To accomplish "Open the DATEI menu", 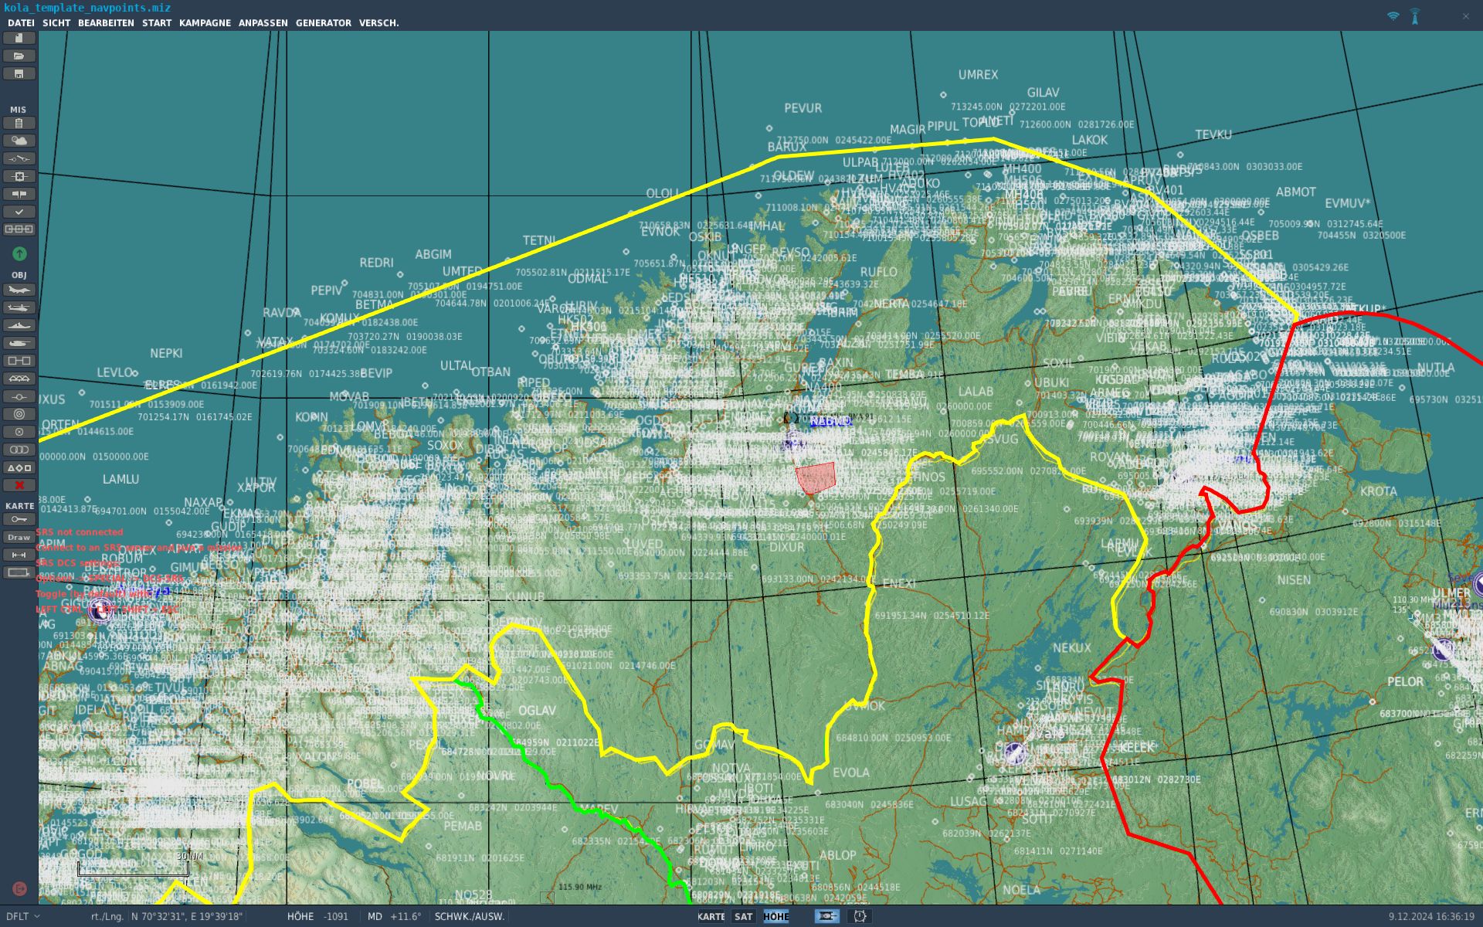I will click(x=21, y=23).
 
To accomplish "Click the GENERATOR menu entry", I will click(x=323, y=23).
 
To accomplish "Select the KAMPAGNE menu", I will click(x=205, y=23).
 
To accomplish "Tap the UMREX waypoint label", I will click(x=978, y=75).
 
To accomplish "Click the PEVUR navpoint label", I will click(x=803, y=108).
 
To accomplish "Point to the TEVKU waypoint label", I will click(x=1213, y=134).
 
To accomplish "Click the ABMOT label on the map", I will click(x=1295, y=192).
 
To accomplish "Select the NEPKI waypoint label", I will click(x=166, y=353).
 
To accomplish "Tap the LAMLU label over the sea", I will click(x=120, y=479).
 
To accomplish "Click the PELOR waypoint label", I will click(x=1404, y=681).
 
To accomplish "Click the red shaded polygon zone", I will click(x=816, y=477).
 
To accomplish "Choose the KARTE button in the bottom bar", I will click(x=711, y=916).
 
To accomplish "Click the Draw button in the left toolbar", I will click(x=19, y=537).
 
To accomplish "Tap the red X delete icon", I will click(x=19, y=485).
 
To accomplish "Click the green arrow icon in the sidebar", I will click(x=19, y=253).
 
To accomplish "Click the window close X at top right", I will click(x=1465, y=16).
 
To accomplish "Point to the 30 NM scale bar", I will click(x=133, y=869).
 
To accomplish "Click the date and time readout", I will click(x=1430, y=916).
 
